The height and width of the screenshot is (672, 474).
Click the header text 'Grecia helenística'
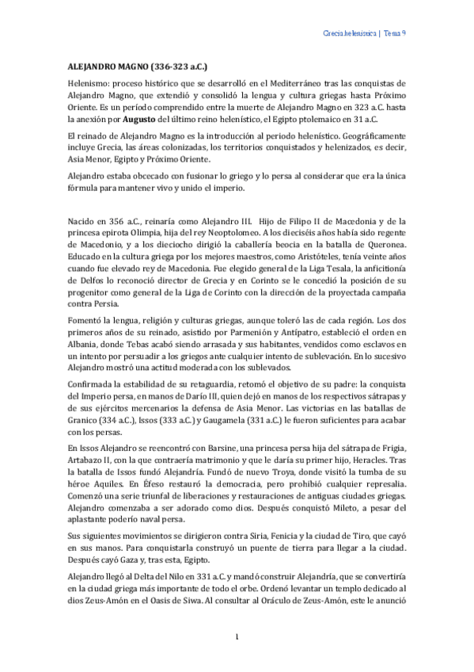click(351, 33)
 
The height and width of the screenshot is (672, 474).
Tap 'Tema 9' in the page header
click(396, 33)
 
